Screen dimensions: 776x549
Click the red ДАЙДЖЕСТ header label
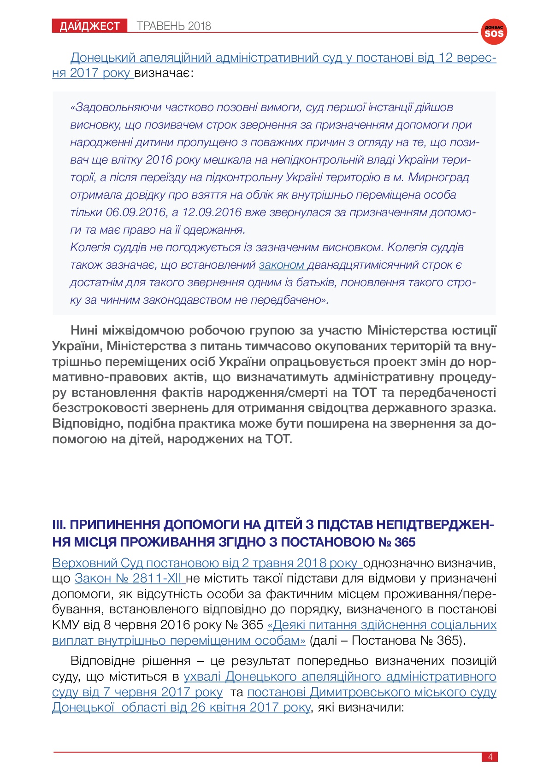point(89,26)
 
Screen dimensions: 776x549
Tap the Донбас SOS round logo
point(494,32)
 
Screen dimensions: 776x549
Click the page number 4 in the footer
point(490,757)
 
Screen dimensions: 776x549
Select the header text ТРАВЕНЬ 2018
point(174,26)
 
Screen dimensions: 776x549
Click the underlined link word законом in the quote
point(281,265)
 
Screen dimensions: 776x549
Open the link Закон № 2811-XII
point(130,578)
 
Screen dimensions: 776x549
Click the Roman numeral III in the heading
point(59,525)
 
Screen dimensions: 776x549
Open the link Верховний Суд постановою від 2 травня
point(207,563)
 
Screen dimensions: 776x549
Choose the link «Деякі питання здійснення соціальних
point(382,625)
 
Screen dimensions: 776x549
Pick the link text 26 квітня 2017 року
point(251,707)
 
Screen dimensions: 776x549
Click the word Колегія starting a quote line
point(91,247)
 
